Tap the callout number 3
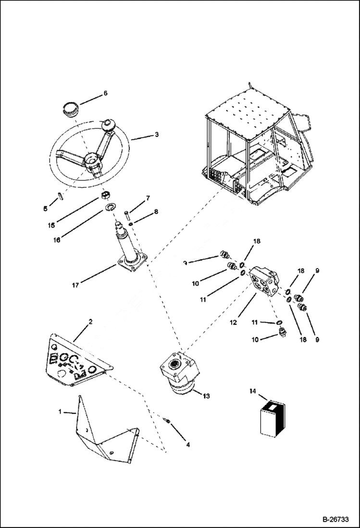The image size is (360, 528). pyautogui.click(x=157, y=135)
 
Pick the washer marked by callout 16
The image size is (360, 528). pyautogui.click(x=109, y=207)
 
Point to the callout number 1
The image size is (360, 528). pyautogui.click(x=60, y=412)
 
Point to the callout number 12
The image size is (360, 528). pyautogui.click(x=233, y=322)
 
